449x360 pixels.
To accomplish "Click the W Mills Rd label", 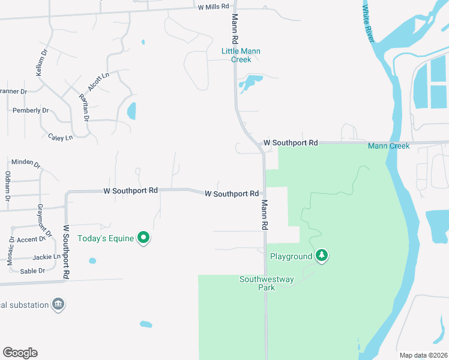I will [214, 7].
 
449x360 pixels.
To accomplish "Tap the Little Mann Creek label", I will [241, 56].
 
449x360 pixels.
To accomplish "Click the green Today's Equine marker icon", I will [143, 238].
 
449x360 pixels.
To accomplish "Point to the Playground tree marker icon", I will [322, 256].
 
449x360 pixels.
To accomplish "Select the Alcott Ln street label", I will [98, 82].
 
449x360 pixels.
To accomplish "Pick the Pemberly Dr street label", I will [31, 110].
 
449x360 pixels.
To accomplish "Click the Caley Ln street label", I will [60, 137].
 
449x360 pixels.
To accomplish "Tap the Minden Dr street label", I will [26, 163].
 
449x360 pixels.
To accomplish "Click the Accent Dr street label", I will [31, 239].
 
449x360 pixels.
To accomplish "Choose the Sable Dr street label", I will [33, 271].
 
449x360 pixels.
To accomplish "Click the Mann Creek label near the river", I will [388, 146].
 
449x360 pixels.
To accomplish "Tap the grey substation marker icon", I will [58, 304].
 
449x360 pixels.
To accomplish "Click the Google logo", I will [20, 353].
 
